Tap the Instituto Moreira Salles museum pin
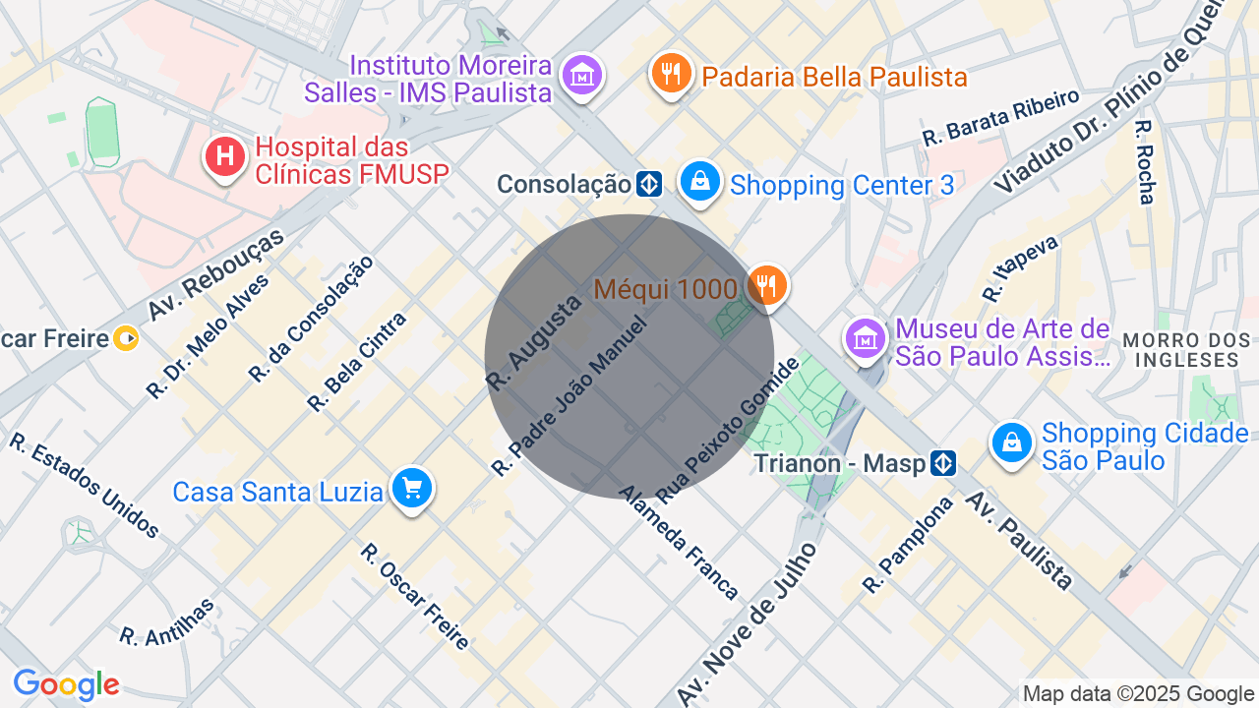(x=582, y=75)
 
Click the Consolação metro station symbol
(x=648, y=184)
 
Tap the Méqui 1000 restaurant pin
(x=765, y=286)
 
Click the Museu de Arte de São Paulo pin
(x=865, y=338)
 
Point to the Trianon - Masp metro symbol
(x=943, y=462)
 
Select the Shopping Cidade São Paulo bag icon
(x=1011, y=443)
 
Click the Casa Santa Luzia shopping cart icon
(x=411, y=488)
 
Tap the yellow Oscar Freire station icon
(x=126, y=339)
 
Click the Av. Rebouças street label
(x=215, y=274)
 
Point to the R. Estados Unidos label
(x=85, y=485)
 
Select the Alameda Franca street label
(x=679, y=542)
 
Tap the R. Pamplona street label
(x=908, y=545)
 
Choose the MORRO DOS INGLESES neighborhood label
(x=1186, y=350)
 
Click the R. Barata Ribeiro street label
(x=1000, y=118)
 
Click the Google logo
(x=66, y=684)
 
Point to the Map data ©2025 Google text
(x=1138, y=694)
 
